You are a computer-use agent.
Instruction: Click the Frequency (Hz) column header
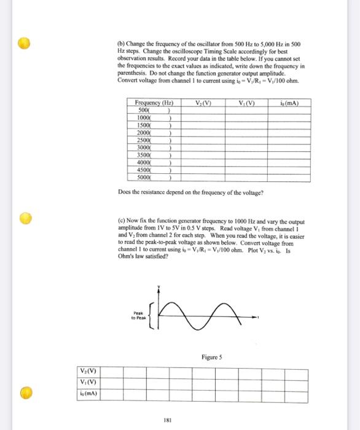154,103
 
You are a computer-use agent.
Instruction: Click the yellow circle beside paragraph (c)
24,218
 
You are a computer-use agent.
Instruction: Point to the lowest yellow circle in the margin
24,392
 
